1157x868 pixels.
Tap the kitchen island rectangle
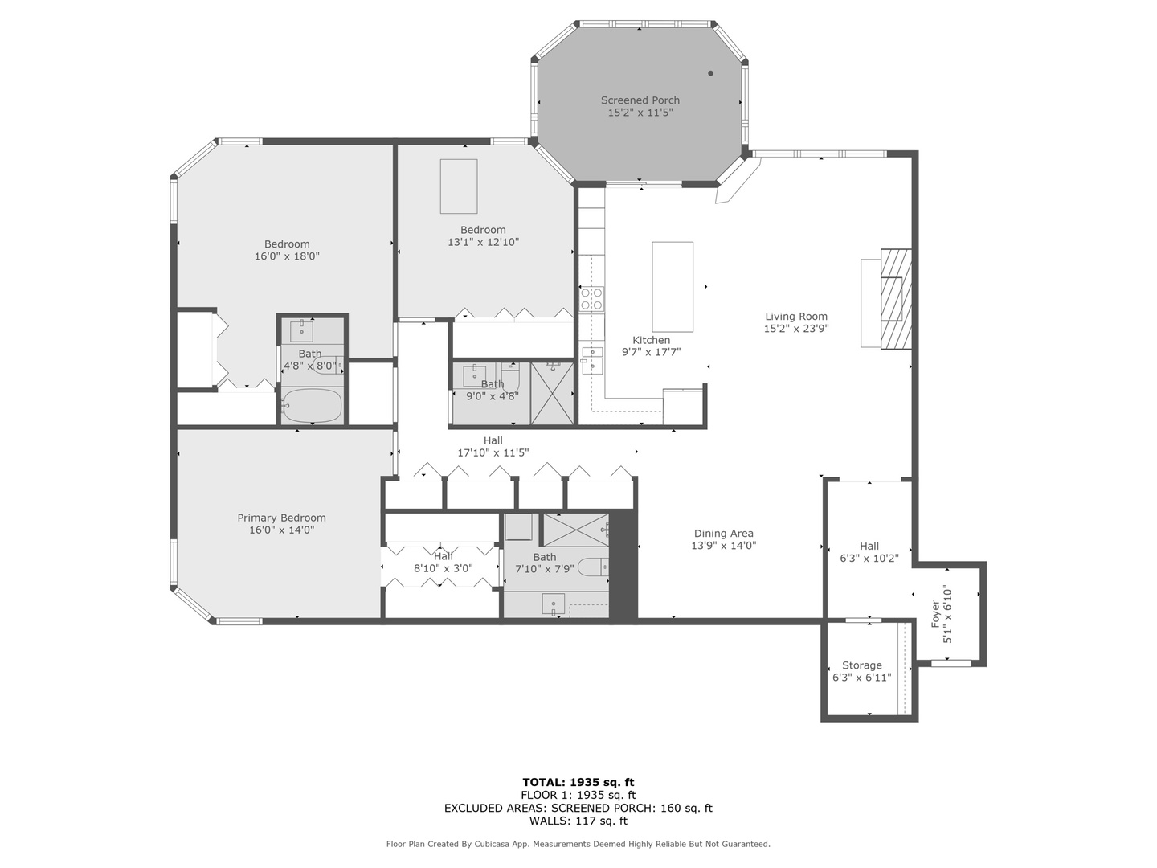pos(672,287)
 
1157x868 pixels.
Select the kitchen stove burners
pos(591,299)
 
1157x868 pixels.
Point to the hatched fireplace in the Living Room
pos(896,298)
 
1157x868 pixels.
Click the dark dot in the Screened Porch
pos(710,73)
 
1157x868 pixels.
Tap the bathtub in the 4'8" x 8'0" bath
pos(312,405)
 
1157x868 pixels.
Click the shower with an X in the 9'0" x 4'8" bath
pos(552,393)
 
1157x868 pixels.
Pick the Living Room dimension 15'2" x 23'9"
pos(796,329)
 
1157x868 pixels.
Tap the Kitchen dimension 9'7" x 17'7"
pos(652,352)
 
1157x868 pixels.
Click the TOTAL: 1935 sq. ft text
pos(578,782)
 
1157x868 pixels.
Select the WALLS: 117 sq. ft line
pos(578,821)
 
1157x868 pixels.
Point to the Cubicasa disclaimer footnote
pos(578,844)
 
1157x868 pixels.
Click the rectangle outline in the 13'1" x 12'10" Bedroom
pos(459,186)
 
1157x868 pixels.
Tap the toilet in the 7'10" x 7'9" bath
pos(594,567)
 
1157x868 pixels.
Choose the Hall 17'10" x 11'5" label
pos(493,446)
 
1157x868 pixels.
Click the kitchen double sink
pos(592,359)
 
